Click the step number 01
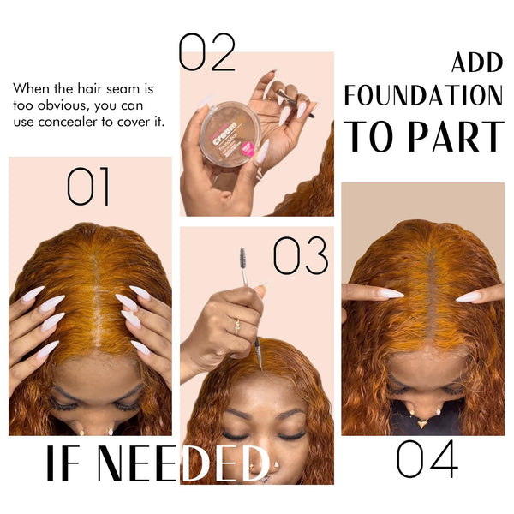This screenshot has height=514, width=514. [x=88, y=187]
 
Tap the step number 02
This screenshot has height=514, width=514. [x=206, y=52]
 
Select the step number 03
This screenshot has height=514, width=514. [x=300, y=255]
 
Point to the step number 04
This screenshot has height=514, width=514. [x=427, y=460]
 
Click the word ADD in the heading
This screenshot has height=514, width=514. [x=477, y=63]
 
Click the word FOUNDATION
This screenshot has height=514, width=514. [x=423, y=95]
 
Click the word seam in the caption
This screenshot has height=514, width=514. [x=125, y=88]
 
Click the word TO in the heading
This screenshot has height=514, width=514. [x=369, y=136]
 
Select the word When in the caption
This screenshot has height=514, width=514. [x=31, y=88]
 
